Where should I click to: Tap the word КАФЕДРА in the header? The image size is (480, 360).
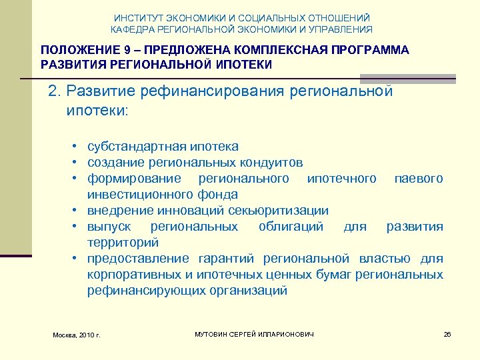131,29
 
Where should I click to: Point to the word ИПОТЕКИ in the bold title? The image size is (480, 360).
243,64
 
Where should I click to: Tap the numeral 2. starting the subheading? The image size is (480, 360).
54,91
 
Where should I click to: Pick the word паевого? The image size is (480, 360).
418,178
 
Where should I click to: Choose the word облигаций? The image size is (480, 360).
291,226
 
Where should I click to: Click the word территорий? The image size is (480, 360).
123,242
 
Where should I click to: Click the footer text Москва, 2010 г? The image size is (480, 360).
77,334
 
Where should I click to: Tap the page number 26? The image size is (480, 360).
447,333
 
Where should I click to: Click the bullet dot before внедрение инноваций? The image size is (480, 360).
77,211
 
